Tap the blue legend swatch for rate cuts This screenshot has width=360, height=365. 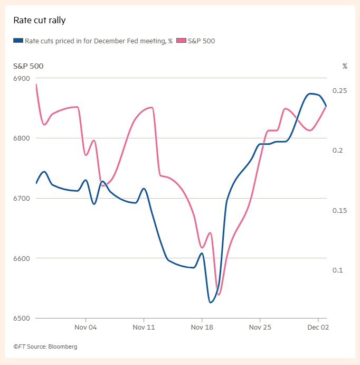[18, 40]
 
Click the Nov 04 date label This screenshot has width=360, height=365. [86, 327]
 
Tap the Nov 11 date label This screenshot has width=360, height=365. [144, 327]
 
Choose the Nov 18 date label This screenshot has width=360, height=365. [202, 327]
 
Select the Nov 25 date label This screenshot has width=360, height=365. [260, 327]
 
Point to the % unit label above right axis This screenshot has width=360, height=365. [345, 67]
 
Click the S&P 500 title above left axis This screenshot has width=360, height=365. [29, 67]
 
